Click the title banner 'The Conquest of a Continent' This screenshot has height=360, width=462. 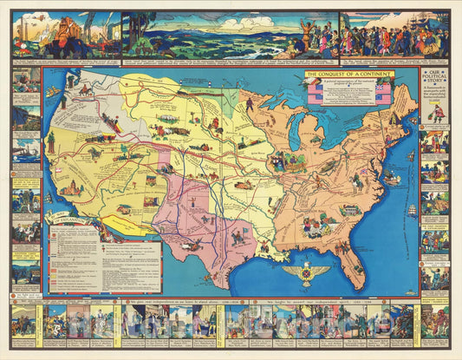(x=348, y=75)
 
